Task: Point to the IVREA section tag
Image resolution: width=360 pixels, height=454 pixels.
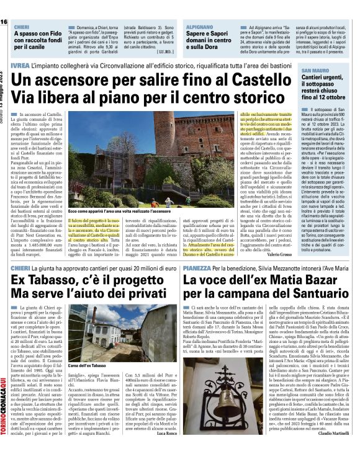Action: click(21, 65)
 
